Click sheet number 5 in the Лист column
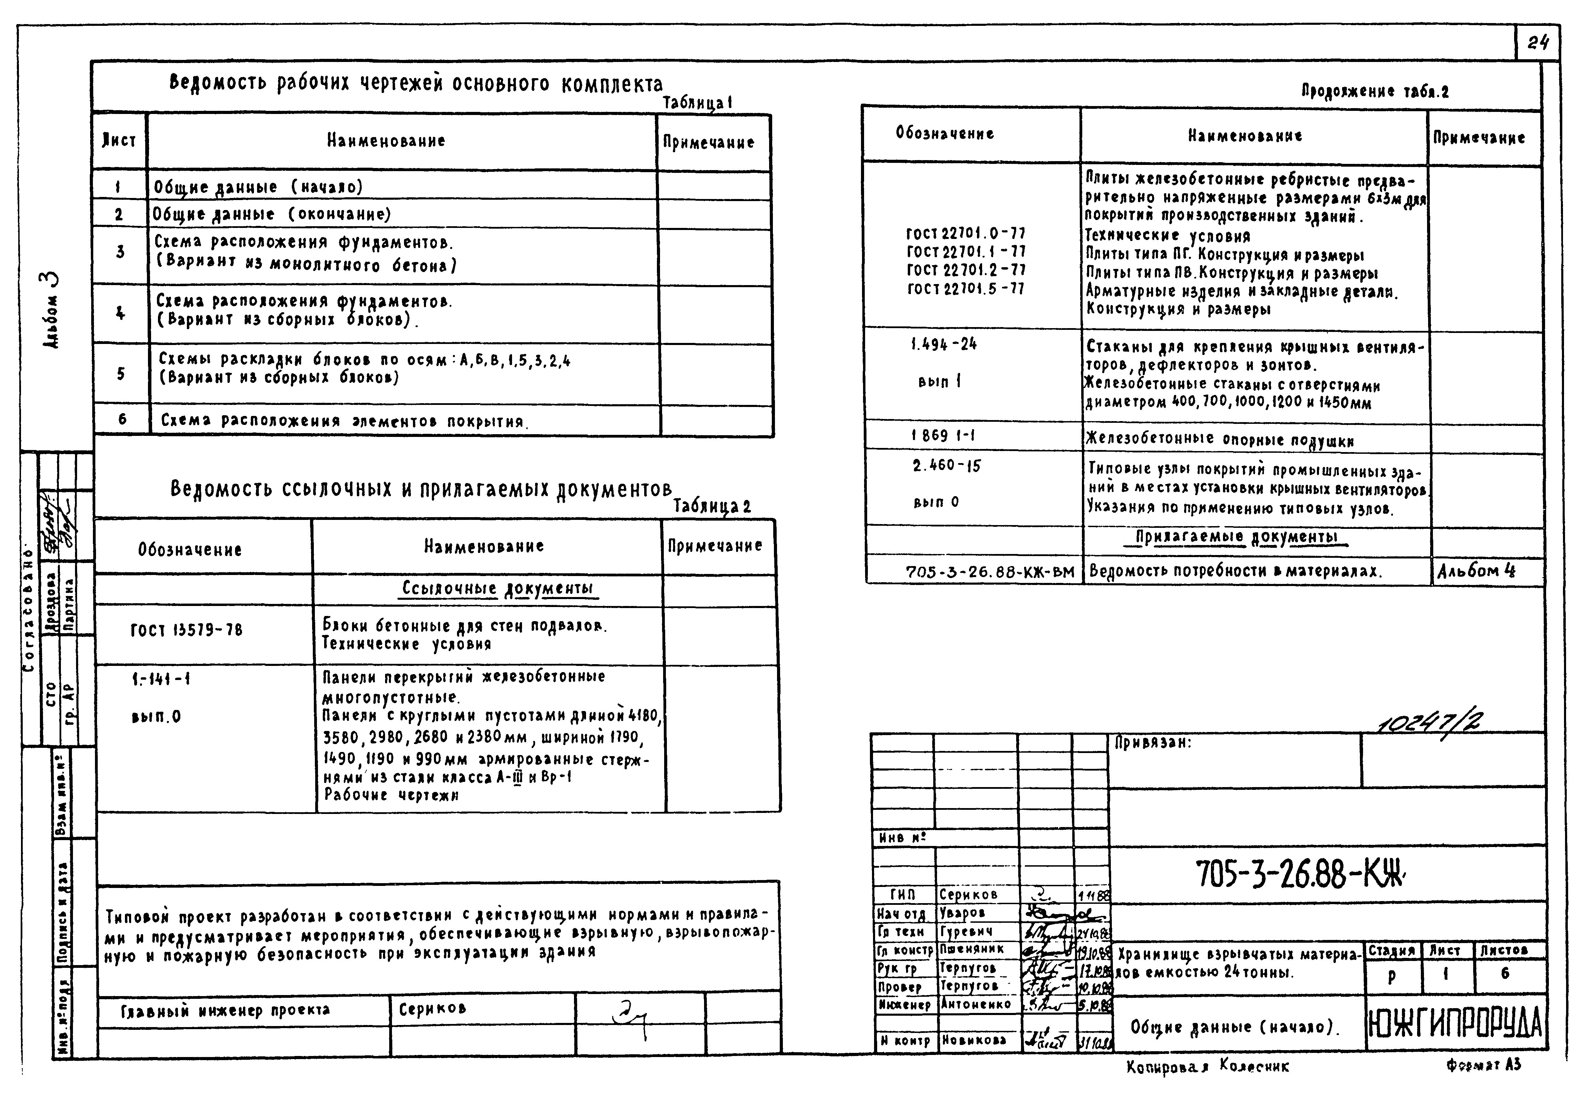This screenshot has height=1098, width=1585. pos(121,374)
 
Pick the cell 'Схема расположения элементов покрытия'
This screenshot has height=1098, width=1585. pos(342,421)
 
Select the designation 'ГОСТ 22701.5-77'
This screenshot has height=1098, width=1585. pos(966,289)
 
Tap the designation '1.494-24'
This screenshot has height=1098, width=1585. pos(944,344)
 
